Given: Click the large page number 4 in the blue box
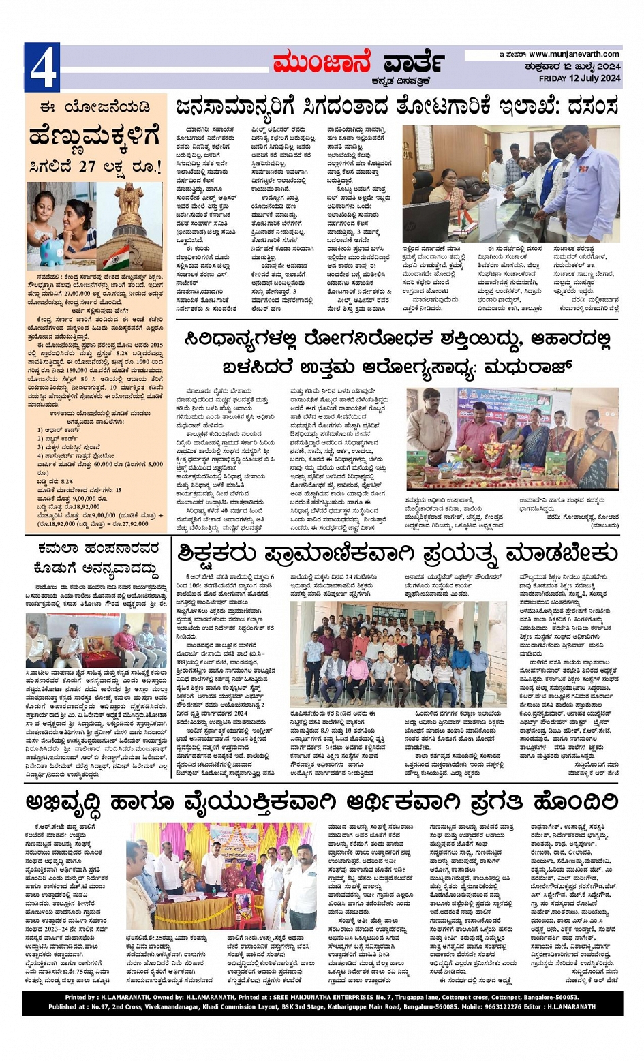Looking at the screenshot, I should [42, 67].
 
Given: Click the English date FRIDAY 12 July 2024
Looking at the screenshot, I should [579, 78].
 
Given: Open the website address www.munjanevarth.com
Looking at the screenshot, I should [574, 55].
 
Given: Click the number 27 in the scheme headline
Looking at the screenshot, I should [87, 167].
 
